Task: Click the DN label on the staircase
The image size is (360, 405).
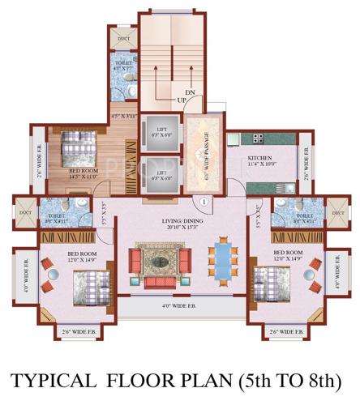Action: (190, 93)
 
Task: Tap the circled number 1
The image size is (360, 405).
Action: (204, 202)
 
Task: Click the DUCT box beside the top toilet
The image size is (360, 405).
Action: (123, 39)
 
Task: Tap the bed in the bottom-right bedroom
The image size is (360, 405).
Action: (269, 283)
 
